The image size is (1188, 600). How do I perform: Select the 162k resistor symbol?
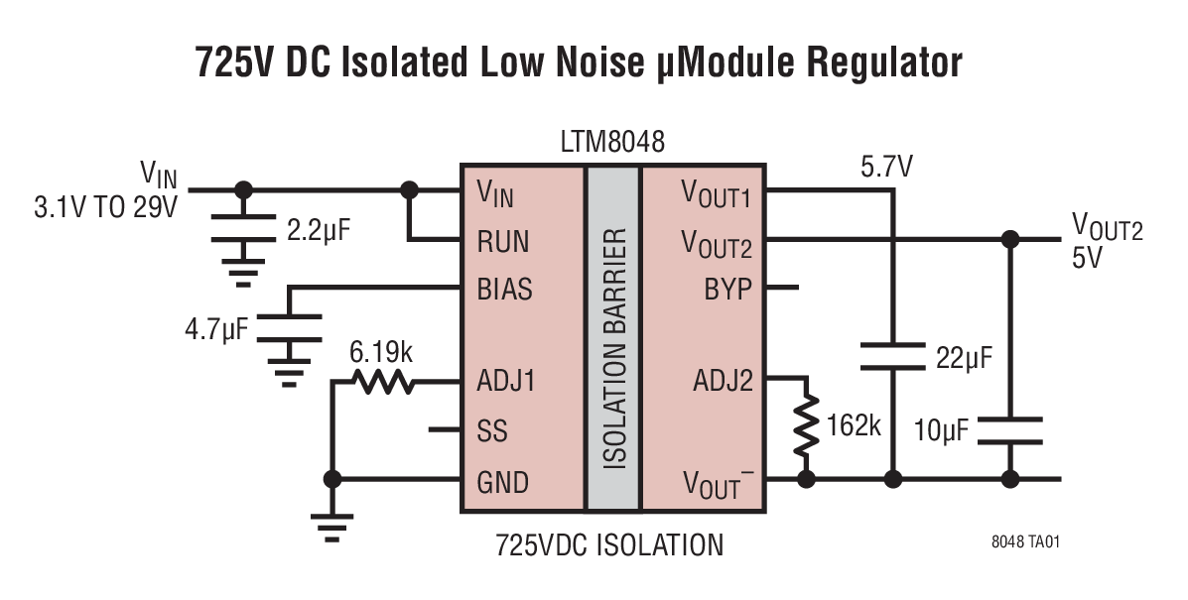tap(809, 427)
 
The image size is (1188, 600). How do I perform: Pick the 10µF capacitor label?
tap(939, 431)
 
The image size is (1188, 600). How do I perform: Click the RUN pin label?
tap(503, 241)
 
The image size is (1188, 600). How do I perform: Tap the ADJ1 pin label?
tap(506, 381)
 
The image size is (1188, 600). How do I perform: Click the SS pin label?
tap(492, 431)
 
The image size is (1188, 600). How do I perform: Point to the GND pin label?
tap(502, 482)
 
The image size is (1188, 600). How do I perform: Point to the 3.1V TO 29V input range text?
tap(106, 209)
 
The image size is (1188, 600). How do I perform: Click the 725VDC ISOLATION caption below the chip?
tap(609, 545)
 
